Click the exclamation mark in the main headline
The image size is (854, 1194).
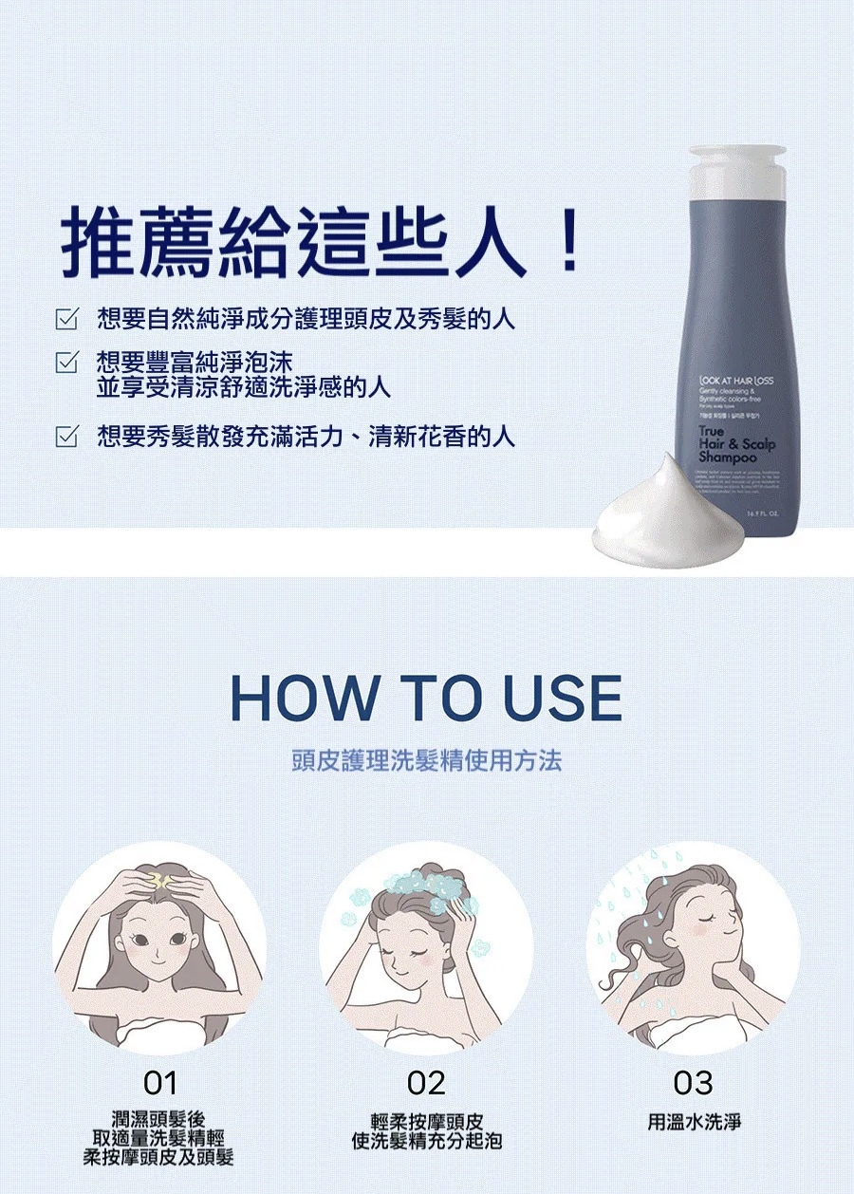pos(569,244)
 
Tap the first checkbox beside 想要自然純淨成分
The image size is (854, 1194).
pos(65,319)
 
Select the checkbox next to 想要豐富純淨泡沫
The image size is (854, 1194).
pos(65,362)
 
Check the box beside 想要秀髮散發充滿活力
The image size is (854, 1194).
pos(65,438)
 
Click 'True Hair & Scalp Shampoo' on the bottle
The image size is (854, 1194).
pos(736,444)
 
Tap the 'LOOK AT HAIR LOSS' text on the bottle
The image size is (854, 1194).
pos(735,380)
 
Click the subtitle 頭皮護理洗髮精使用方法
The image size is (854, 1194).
pos(426,760)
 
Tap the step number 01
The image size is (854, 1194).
pos(159,1082)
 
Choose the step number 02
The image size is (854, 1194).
pos(426,1082)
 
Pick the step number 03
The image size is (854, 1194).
pos(693,1082)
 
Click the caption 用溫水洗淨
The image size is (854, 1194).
pos(694,1122)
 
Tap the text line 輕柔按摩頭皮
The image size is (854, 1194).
pos(426,1122)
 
